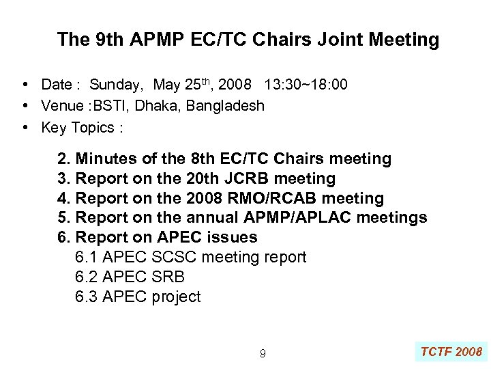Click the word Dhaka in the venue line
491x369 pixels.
152,106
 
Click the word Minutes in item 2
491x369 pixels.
105,159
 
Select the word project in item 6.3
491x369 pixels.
175,297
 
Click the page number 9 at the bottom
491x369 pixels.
263,353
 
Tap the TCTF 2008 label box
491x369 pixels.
451,352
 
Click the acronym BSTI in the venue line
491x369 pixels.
105,106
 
